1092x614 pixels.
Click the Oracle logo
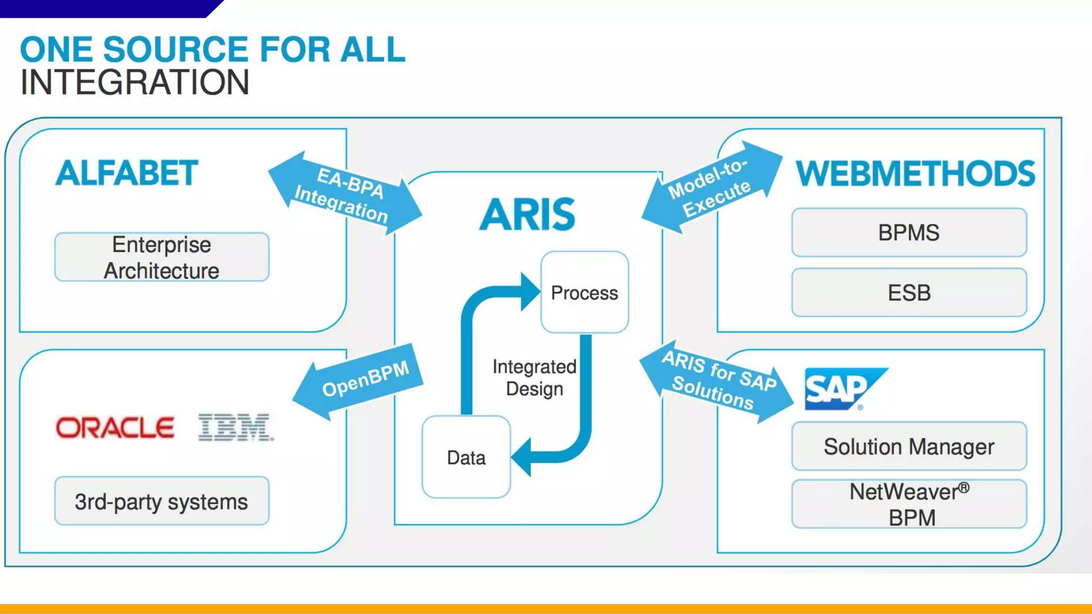[115, 427]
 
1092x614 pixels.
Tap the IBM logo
[235, 427]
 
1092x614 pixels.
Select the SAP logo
[840, 389]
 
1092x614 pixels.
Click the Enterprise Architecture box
[162, 257]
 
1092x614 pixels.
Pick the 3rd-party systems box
[162, 501]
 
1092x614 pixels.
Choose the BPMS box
[909, 232]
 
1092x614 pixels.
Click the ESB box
[909, 293]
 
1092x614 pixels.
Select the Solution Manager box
[909, 446]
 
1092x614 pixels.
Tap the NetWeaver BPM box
[909, 504]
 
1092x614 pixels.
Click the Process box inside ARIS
[584, 293]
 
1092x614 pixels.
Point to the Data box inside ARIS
[466, 457]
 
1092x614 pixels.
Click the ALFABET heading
[126, 173]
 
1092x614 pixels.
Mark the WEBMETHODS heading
[915, 174]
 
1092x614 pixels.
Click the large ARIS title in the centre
[527, 214]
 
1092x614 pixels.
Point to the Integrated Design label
[534, 377]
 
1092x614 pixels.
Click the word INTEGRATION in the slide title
[134, 83]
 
